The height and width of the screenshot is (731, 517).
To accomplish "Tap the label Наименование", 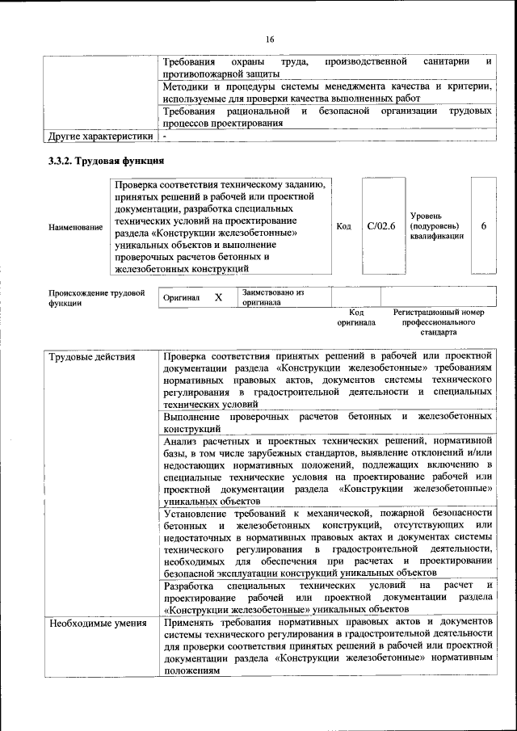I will [x=76, y=228].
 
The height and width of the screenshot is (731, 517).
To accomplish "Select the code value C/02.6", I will [x=380, y=227].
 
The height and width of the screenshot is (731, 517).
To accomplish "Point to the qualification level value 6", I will [x=483, y=227].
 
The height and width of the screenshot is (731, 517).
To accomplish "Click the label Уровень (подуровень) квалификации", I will [x=436, y=227].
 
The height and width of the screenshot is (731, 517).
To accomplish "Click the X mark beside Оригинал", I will [x=218, y=297].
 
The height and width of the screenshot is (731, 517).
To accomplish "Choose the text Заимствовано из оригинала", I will [x=272, y=297].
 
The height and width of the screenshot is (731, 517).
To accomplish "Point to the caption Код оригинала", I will [x=356, y=317].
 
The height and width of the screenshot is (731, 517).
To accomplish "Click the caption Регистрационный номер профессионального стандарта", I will [x=438, y=321].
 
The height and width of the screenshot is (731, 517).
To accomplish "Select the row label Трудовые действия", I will [x=92, y=356].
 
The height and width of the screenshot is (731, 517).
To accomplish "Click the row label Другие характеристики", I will [x=100, y=137].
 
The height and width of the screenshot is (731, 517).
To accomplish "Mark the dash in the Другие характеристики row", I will [x=164, y=137].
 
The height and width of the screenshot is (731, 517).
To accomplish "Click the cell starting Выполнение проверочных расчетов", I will [x=327, y=422].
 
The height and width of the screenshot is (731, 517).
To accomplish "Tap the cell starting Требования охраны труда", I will [x=327, y=67].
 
